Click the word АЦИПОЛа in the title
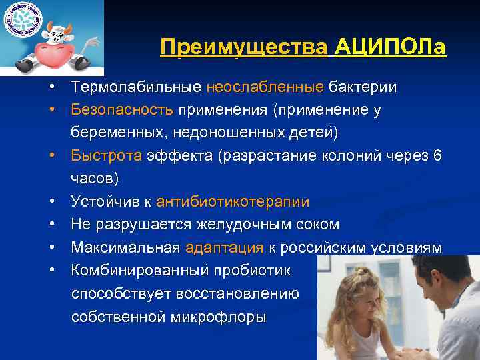[391, 48]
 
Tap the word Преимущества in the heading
[245, 48]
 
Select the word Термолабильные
[136, 87]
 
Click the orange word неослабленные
[265, 87]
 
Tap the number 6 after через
[437, 156]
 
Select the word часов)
[95, 179]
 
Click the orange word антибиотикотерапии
[233, 202]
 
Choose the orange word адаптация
[224, 248]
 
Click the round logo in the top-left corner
[22, 21]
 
